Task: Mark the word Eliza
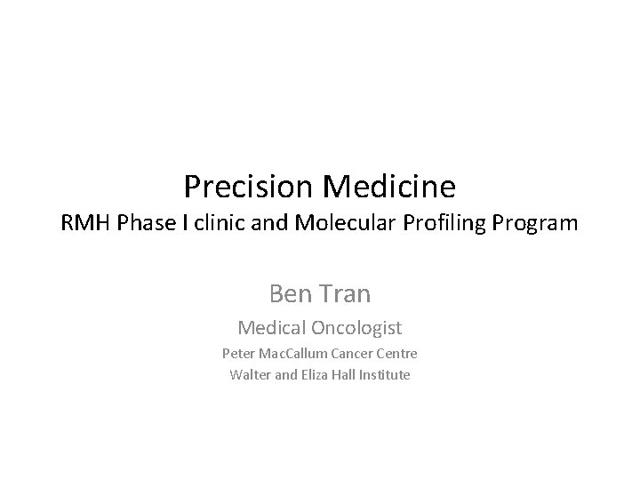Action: point(314,374)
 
